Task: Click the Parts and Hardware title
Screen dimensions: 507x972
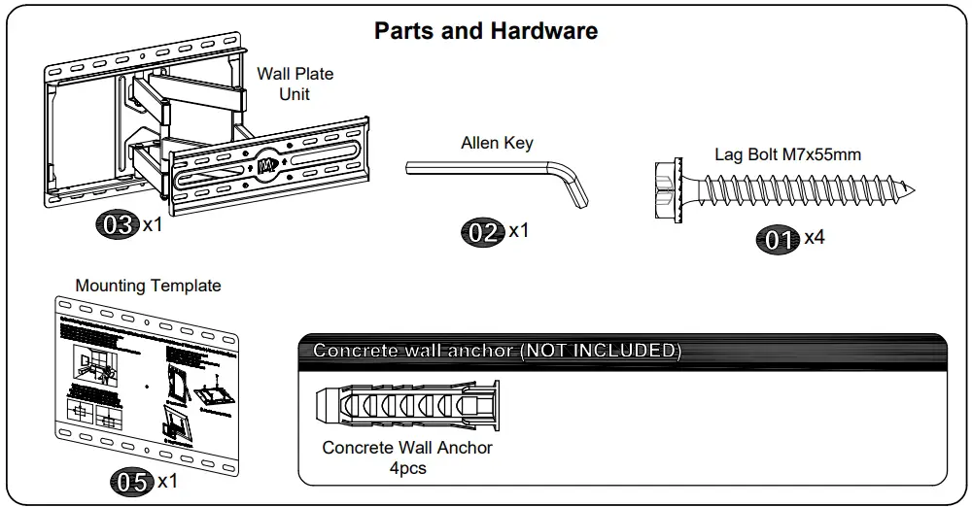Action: tap(486, 31)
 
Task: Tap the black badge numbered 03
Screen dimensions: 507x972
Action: tap(118, 225)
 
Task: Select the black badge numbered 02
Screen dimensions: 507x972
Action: tap(483, 232)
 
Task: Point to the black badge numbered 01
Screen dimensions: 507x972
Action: tap(779, 239)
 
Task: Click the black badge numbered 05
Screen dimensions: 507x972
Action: tap(131, 482)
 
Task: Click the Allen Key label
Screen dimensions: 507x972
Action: tap(497, 143)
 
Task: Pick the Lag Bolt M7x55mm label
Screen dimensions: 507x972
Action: tap(787, 153)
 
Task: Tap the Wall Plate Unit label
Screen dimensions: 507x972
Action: tap(295, 84)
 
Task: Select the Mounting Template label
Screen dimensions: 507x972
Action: tap(148, 286)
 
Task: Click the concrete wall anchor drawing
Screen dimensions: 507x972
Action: tap(407, 405)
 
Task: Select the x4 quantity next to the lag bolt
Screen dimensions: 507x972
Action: tap(815, 237)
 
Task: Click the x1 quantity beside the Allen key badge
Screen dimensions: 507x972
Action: tap(519, 230)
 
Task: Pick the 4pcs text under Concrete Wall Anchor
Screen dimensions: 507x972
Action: tap(407, 468)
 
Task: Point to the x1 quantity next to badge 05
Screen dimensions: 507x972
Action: tap(167, 481)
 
